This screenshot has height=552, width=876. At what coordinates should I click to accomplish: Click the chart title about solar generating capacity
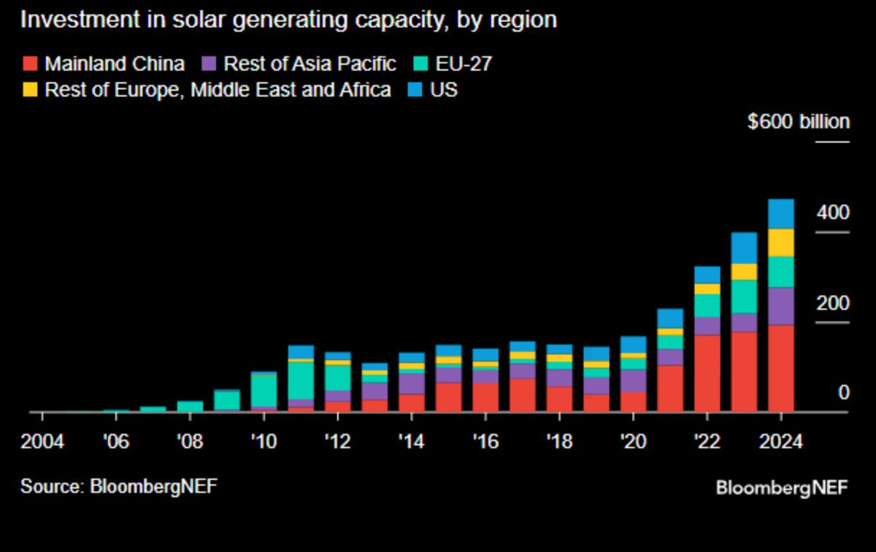(288, 20)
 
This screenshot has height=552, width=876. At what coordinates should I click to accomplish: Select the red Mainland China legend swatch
(29, 64)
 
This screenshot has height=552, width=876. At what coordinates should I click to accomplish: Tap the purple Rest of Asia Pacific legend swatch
(208, 64)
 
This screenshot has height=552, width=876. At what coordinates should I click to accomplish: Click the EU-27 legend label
(464, 64)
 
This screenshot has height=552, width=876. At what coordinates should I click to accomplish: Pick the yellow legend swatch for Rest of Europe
(29, 90)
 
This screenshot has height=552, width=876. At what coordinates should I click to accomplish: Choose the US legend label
(444, 90)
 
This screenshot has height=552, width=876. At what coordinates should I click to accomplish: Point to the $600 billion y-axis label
(799, 121)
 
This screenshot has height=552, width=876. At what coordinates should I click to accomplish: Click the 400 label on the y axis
(833, 213)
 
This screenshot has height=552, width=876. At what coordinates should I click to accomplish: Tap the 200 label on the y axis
(833, 303)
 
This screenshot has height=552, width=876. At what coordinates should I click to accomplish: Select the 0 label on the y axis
(844, 393)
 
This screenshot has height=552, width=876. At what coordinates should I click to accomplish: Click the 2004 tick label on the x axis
(42, 442)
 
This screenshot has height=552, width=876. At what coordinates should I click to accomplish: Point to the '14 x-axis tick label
(411, 442)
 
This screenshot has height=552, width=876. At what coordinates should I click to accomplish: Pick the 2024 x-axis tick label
(780, 442)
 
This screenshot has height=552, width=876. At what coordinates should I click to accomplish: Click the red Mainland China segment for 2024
(780, 368)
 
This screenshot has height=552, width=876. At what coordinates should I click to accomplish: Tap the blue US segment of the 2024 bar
(780, 213)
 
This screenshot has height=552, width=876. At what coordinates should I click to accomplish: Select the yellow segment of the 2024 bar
(780, 242)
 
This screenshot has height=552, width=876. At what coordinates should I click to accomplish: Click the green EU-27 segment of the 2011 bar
(300, 380)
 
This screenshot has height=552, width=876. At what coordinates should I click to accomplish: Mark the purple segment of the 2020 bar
(633, 380)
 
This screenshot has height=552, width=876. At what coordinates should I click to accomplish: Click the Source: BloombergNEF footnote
(118, 486)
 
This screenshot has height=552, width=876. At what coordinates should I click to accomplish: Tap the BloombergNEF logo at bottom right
(782, 488)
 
